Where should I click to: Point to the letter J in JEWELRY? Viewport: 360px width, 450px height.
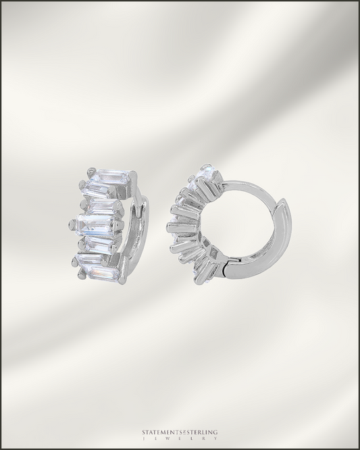point(144,439)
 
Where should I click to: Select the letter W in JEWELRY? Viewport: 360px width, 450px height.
point(168,439)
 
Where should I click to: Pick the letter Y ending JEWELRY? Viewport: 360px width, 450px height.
point(215,439)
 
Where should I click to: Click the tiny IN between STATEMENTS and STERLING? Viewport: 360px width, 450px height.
point(181,432)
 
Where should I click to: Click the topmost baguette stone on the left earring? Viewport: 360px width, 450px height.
point(111,177)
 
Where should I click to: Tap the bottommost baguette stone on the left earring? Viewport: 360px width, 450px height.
point(101,272)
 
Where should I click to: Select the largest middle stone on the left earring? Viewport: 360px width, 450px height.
point(95,226)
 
